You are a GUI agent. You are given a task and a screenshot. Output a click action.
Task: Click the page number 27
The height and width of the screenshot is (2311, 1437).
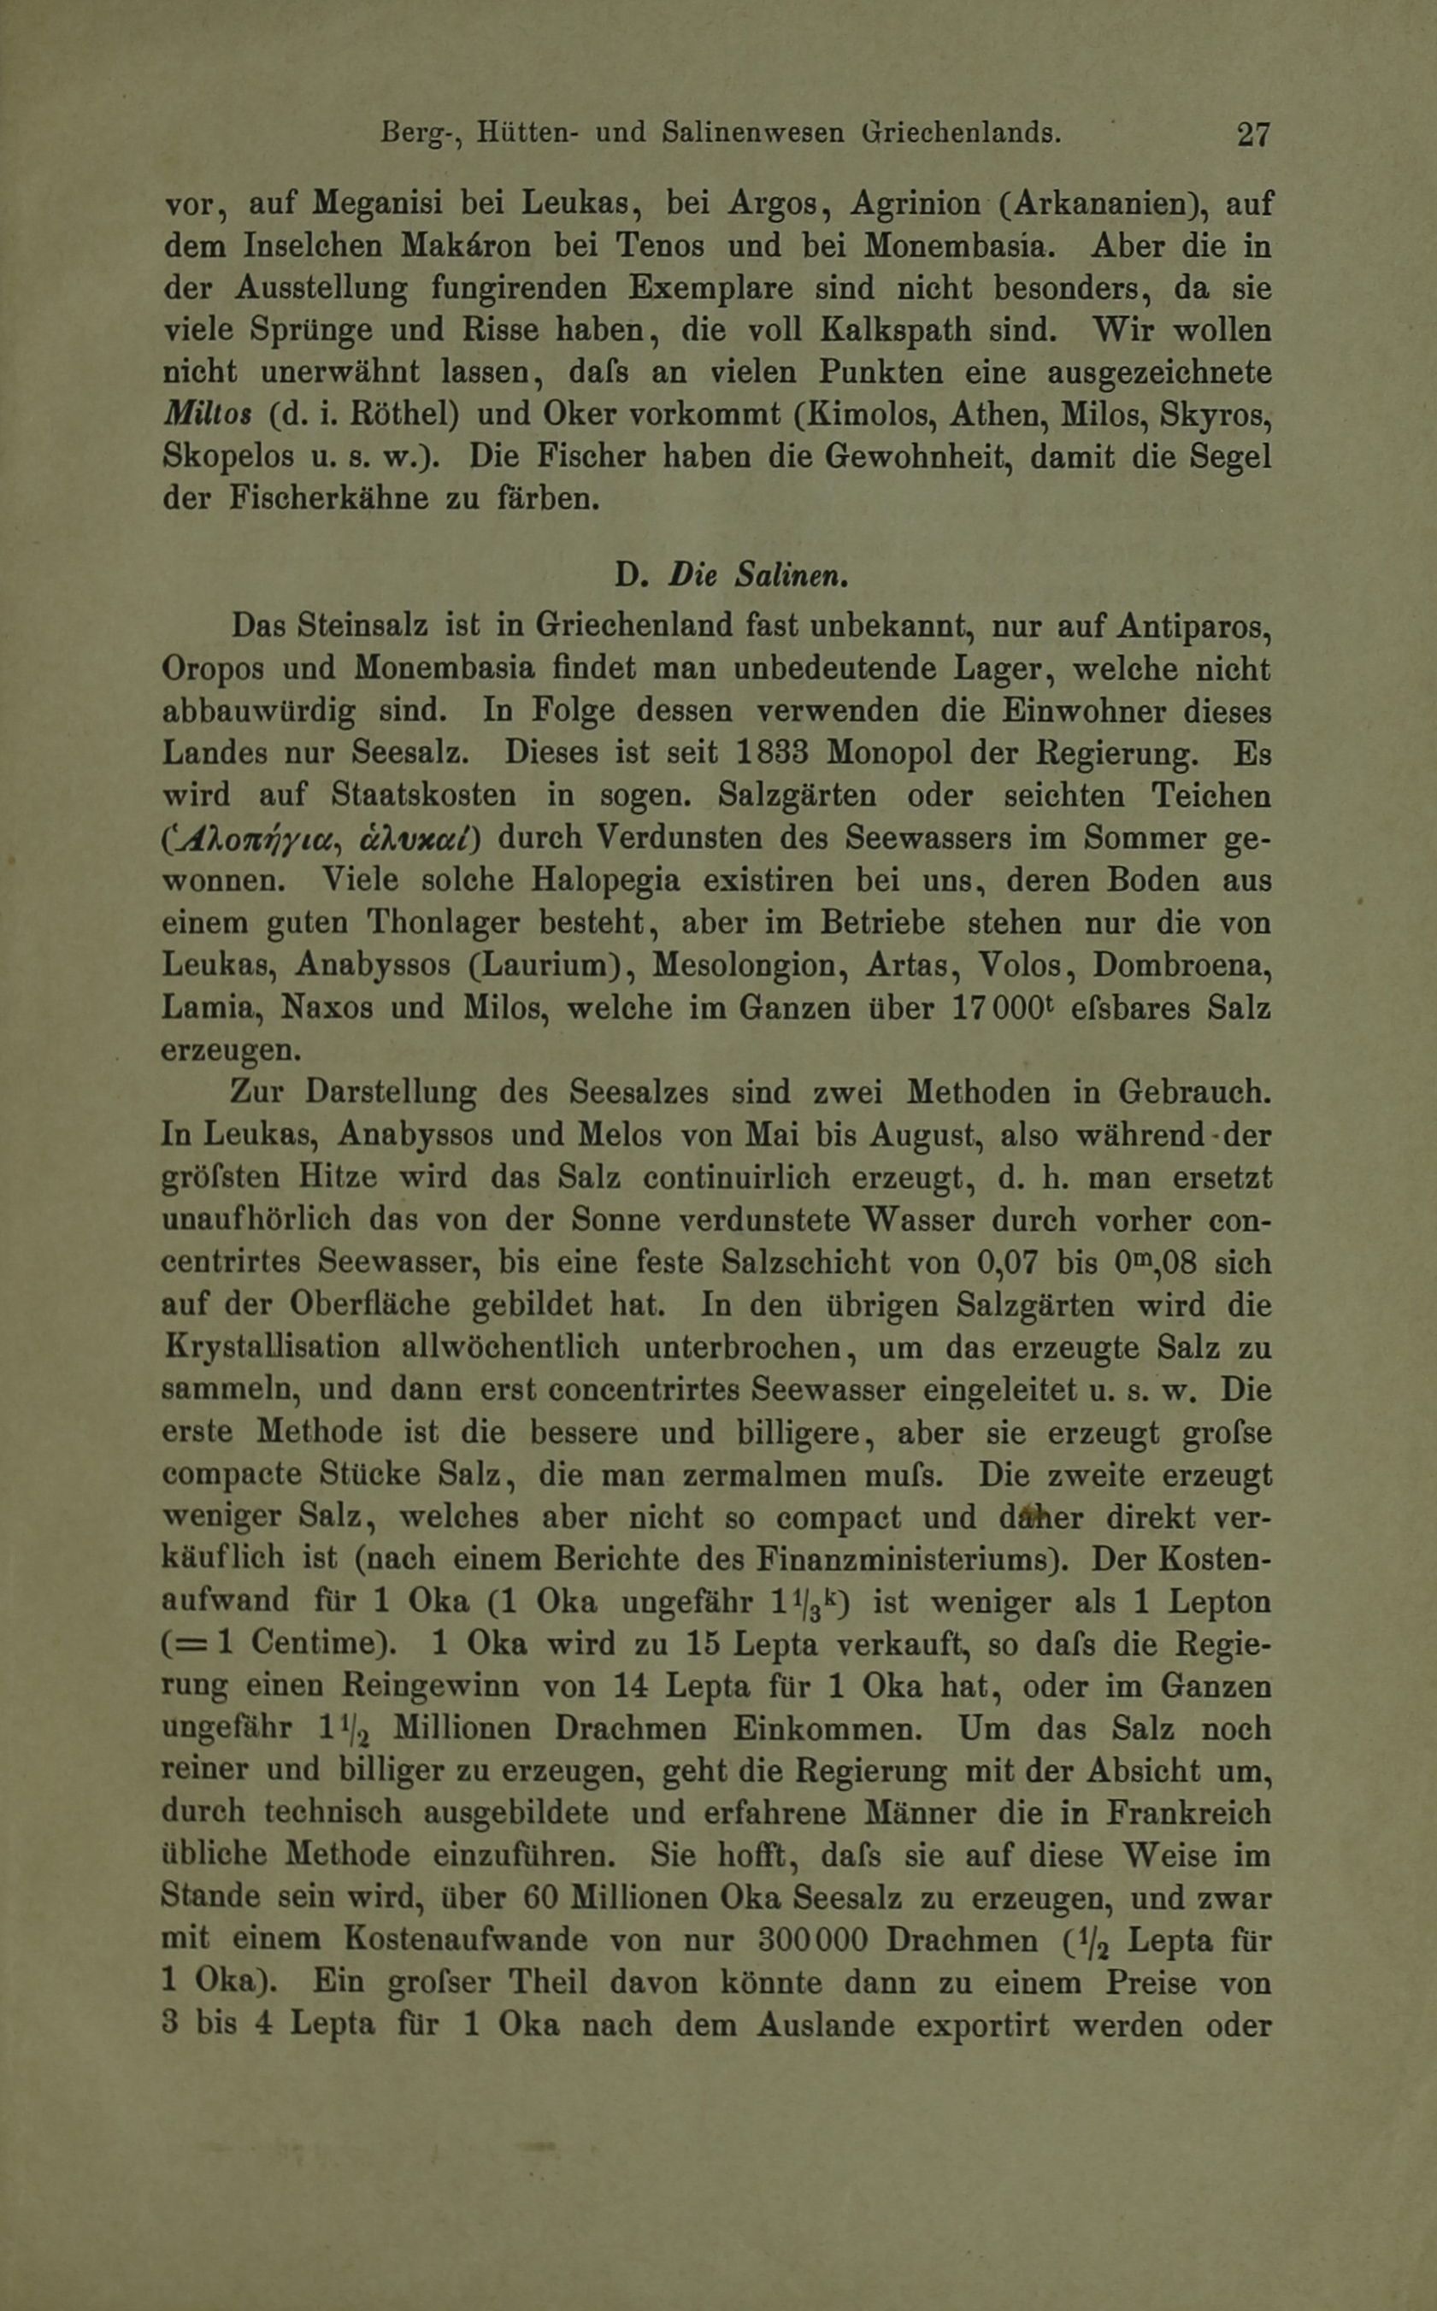(1252, 135)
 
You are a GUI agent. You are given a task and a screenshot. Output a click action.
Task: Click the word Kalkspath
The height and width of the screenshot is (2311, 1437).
(895, 330)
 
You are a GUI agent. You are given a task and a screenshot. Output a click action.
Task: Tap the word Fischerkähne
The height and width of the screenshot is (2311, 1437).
(326, 499)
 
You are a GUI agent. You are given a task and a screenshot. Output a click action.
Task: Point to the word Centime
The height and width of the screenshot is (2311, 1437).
(312, 1644)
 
